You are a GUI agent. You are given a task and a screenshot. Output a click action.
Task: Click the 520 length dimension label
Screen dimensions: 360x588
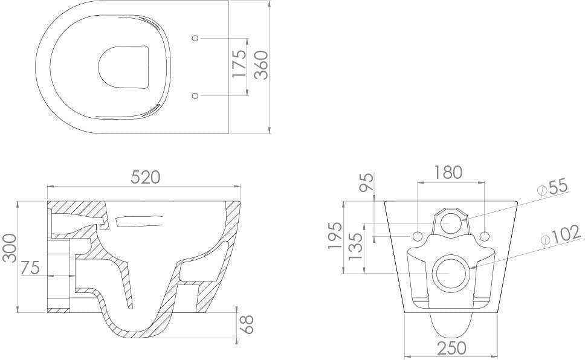click(x=146, y=177)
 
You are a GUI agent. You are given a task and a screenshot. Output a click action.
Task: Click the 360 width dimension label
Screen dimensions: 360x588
click(x=260, y=65)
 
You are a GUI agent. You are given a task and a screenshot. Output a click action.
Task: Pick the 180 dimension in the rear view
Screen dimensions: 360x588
click(x=448, y=172)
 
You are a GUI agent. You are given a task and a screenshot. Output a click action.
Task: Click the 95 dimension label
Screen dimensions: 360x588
click(x=367, y=182)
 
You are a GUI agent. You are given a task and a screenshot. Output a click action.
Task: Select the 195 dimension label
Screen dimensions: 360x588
click(x=335, y=236)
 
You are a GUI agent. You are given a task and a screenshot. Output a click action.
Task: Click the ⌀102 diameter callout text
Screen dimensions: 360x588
click(x=560, y=235)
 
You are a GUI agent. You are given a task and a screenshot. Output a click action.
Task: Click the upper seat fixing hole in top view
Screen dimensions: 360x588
click(x=195, y=38)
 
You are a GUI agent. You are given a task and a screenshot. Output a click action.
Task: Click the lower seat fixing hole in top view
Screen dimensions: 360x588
click(x=195, y=95)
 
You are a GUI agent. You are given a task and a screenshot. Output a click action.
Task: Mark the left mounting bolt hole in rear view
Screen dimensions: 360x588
click(x=418, y=234)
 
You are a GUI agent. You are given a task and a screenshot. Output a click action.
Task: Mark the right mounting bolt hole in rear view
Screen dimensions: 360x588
click(x=484, y=234)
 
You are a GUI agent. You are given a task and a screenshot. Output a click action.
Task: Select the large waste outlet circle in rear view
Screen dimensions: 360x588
click(x=451, y=272)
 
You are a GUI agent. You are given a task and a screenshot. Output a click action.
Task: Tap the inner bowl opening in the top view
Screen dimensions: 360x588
click(x=123, y=65)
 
